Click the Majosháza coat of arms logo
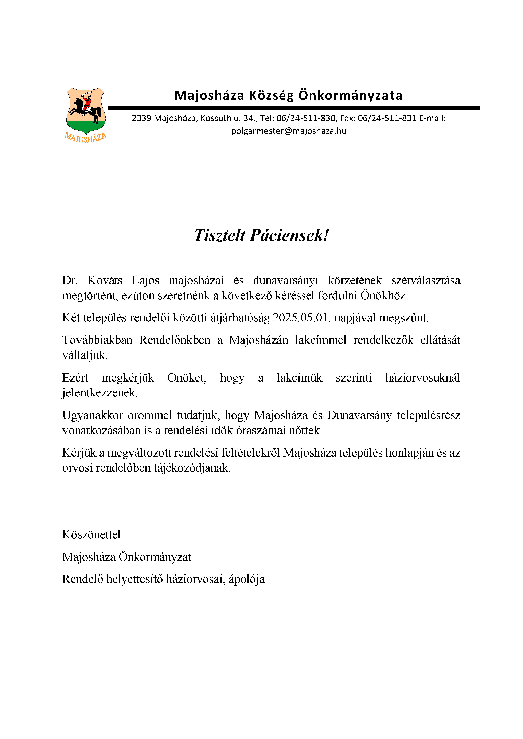click(x=86, y=111)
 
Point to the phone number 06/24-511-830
click(x=306, y=118)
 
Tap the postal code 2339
click(x=141, y=118)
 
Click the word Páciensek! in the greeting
click(x=289, y=235)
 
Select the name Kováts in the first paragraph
click(x=105, y=281)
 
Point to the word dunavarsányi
click(x=286, y=281)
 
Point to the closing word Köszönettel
click(x=91, y=535)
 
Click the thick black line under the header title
click(x=293, y=107)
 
